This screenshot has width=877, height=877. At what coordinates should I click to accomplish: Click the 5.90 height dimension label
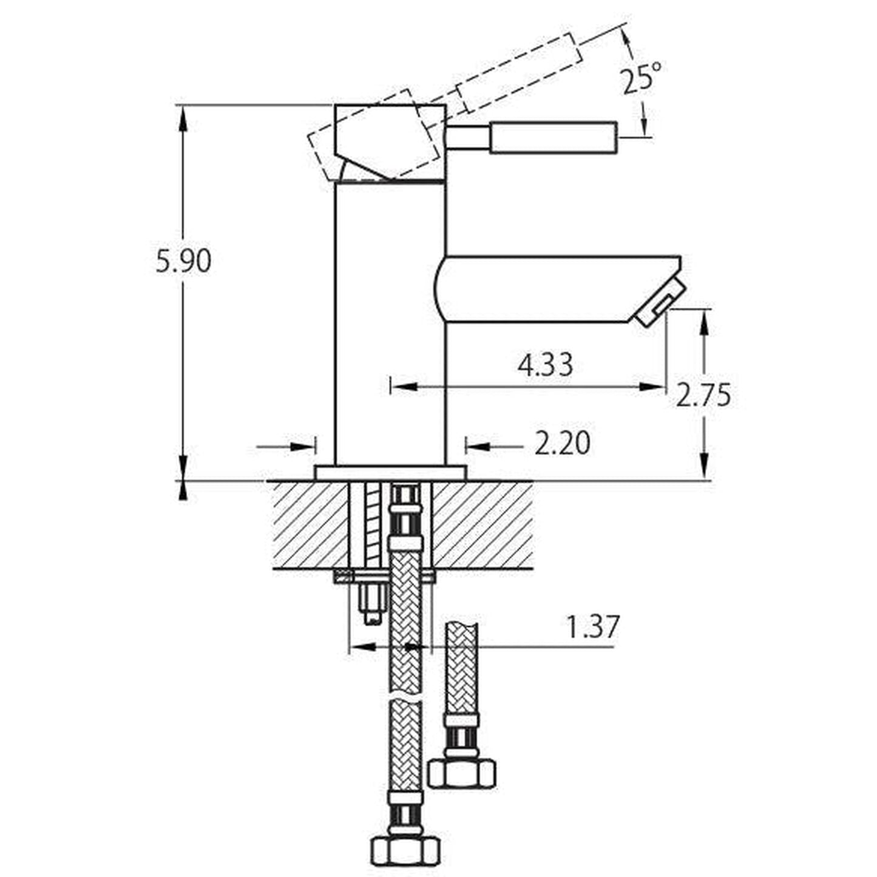183,262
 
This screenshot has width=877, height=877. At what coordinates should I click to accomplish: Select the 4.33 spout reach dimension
545,365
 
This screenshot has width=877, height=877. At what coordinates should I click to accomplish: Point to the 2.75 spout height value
703,394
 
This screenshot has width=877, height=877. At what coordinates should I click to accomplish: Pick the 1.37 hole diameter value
592,626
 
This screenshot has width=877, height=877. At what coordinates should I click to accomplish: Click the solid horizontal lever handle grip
554,137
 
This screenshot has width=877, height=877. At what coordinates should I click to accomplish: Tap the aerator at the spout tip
660,302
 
